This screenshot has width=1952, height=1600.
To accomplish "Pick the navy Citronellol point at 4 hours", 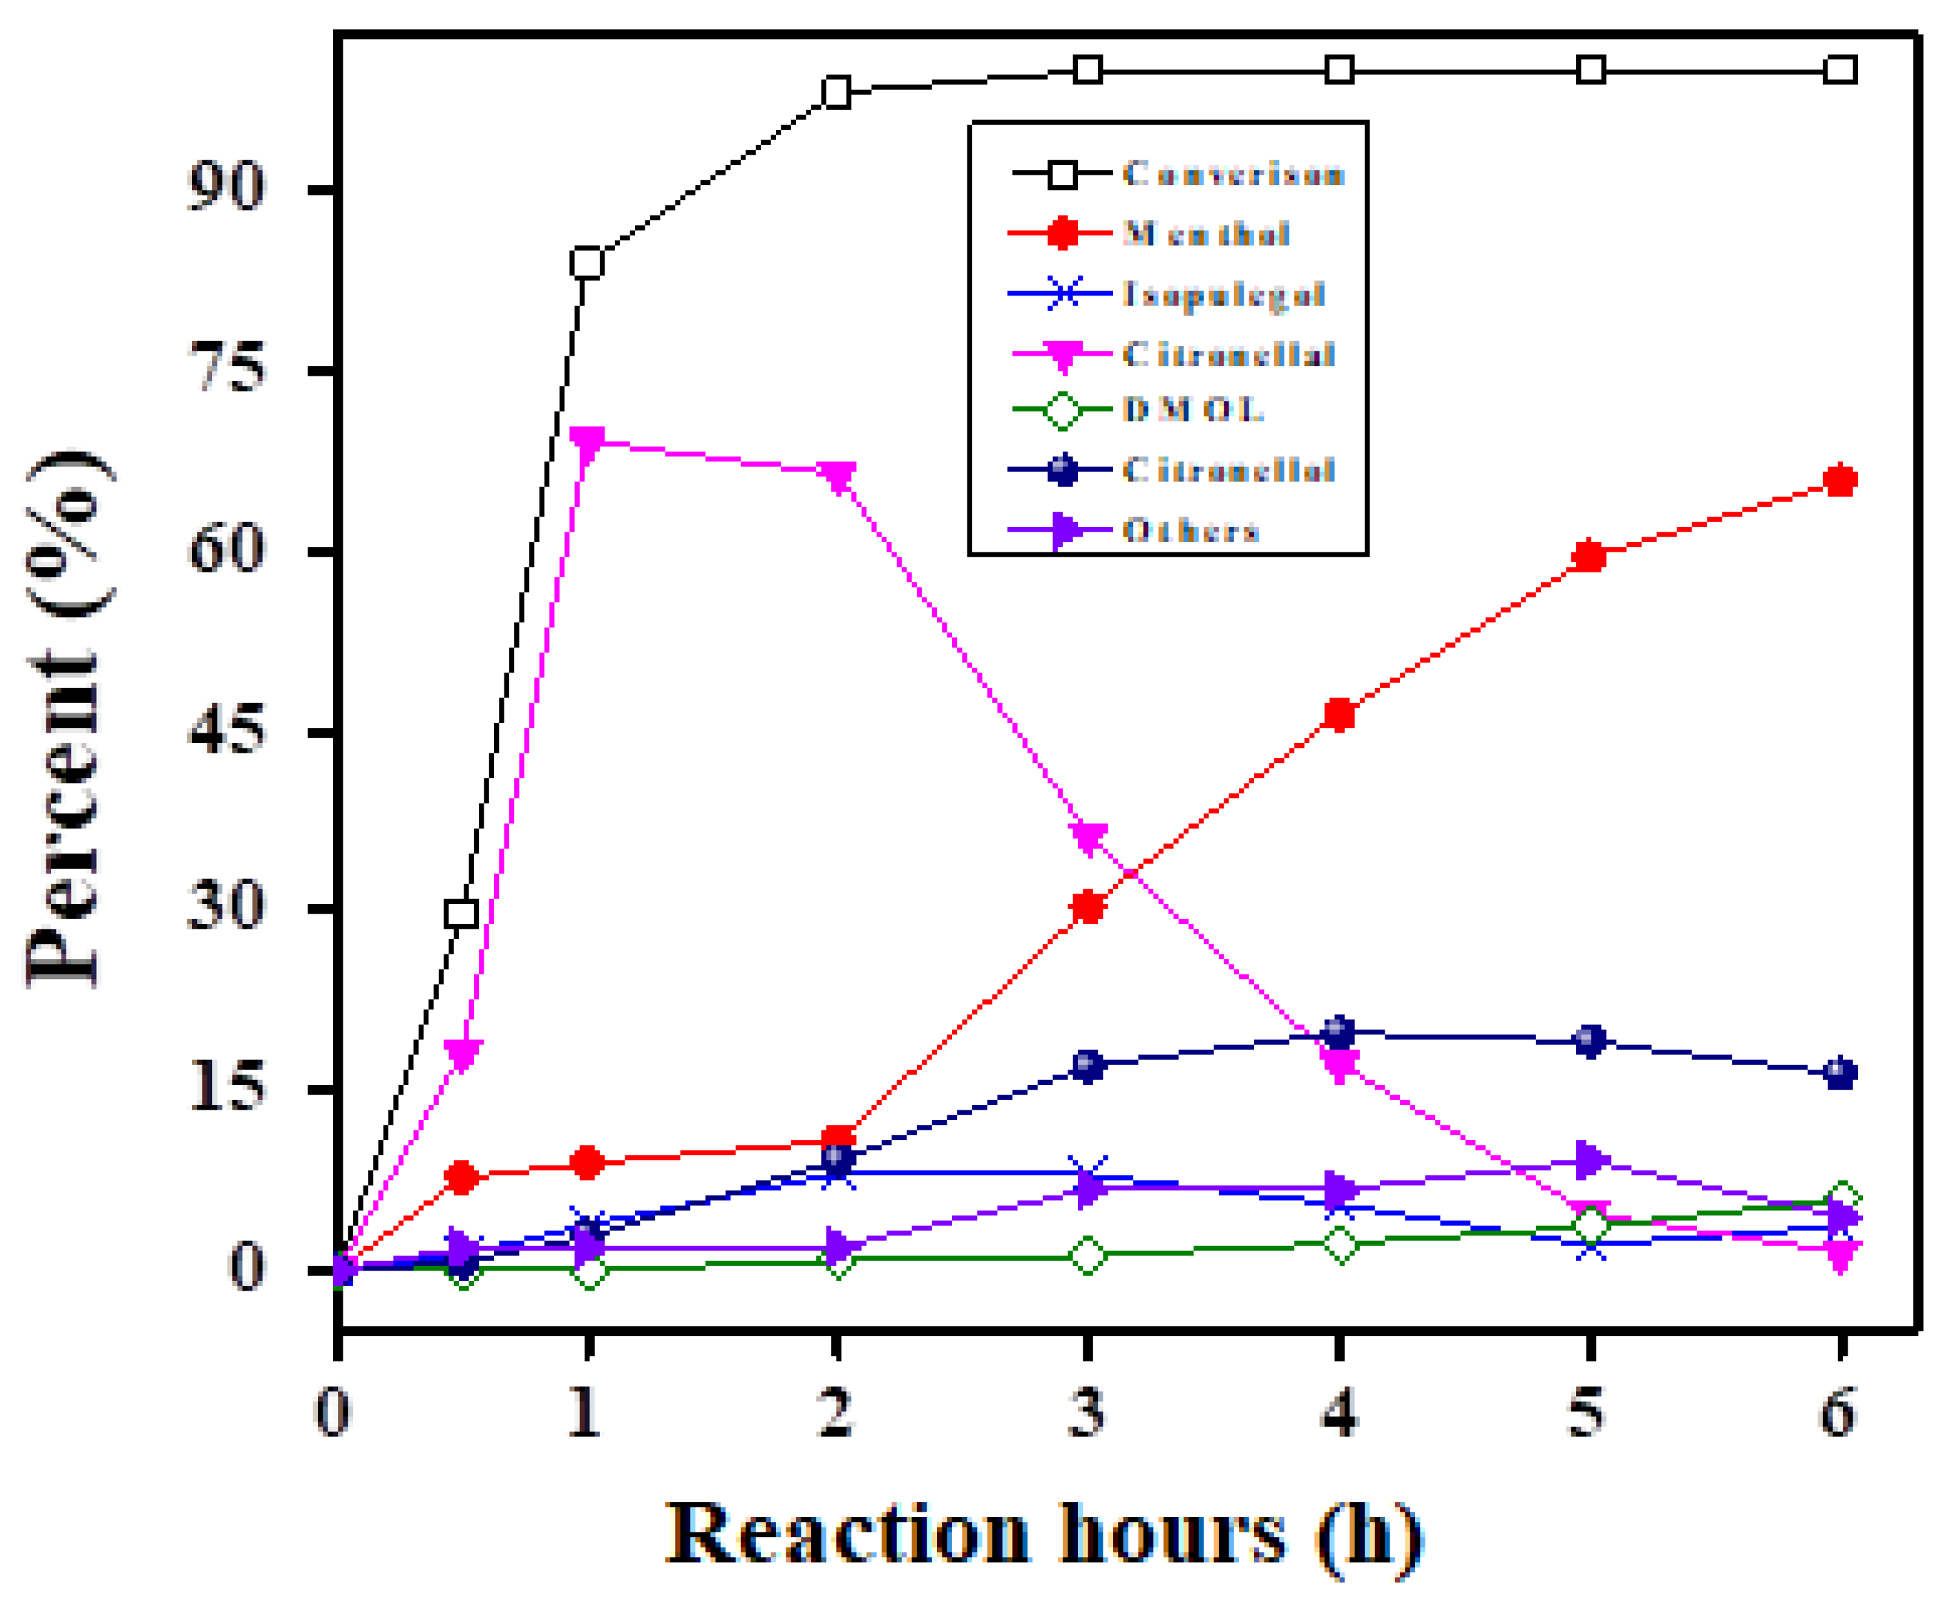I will (1339, 1032).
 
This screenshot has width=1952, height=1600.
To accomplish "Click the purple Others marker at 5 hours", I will (1588, 1160).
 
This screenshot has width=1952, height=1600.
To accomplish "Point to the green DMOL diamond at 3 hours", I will (1088, 1255).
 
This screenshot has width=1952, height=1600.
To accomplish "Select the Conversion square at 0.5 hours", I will (461, 914).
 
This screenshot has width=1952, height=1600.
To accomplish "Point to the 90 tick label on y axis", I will (226, 190).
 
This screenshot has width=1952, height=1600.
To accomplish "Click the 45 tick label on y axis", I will (226, 733).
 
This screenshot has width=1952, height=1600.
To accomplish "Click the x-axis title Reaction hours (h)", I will (1044, 1534).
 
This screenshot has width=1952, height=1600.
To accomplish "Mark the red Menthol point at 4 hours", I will (1339, 714).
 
